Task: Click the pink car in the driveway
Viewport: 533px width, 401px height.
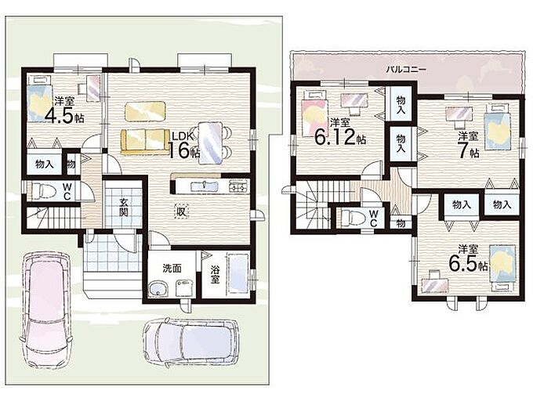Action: click(47, 310)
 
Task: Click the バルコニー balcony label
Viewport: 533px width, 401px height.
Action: click(406, 70)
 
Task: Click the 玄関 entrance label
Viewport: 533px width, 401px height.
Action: click(123, 208)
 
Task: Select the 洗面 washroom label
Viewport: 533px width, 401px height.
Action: click(172, 269)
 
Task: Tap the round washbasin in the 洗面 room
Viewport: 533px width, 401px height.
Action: click(158, 289)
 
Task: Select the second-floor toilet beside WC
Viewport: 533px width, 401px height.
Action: click(353, 217)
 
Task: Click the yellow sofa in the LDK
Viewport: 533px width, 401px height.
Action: click(145, 141)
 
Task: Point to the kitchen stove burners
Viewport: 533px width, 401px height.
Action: click(239, 186)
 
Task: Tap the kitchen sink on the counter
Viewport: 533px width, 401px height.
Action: click(205, 186)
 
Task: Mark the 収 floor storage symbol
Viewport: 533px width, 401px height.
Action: click(181, 212)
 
